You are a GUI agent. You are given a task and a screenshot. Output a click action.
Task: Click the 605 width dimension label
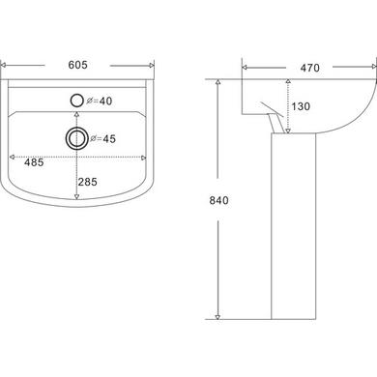[77, 65]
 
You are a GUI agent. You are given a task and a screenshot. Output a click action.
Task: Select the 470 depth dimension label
[309, 68]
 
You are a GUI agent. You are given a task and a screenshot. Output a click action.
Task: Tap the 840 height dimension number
[218, 200]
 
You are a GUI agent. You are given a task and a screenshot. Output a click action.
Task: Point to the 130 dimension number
[301, 106]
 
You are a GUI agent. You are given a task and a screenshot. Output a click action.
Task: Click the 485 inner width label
[34, 162]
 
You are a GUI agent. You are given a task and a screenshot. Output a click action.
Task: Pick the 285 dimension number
[87, 182]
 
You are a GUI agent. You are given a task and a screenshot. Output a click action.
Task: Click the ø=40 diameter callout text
[100, 101]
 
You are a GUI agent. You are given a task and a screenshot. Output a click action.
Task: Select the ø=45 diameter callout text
[102, 138]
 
